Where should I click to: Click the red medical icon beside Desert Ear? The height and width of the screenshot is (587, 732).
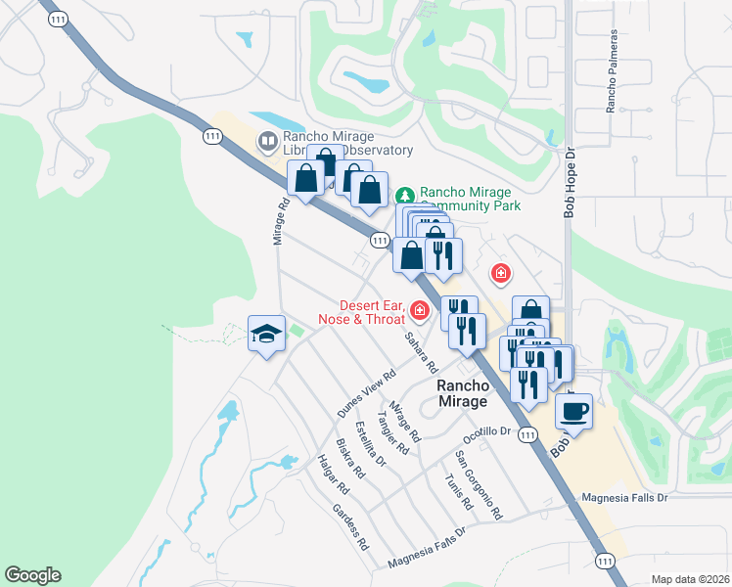click(x=420, y=310)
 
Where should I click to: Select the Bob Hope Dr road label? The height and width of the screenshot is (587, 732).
click(x=568, y=181)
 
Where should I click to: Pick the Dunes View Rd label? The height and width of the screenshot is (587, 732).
click(x=366, y=394)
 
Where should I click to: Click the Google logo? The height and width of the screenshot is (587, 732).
click(x=32, y=575)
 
